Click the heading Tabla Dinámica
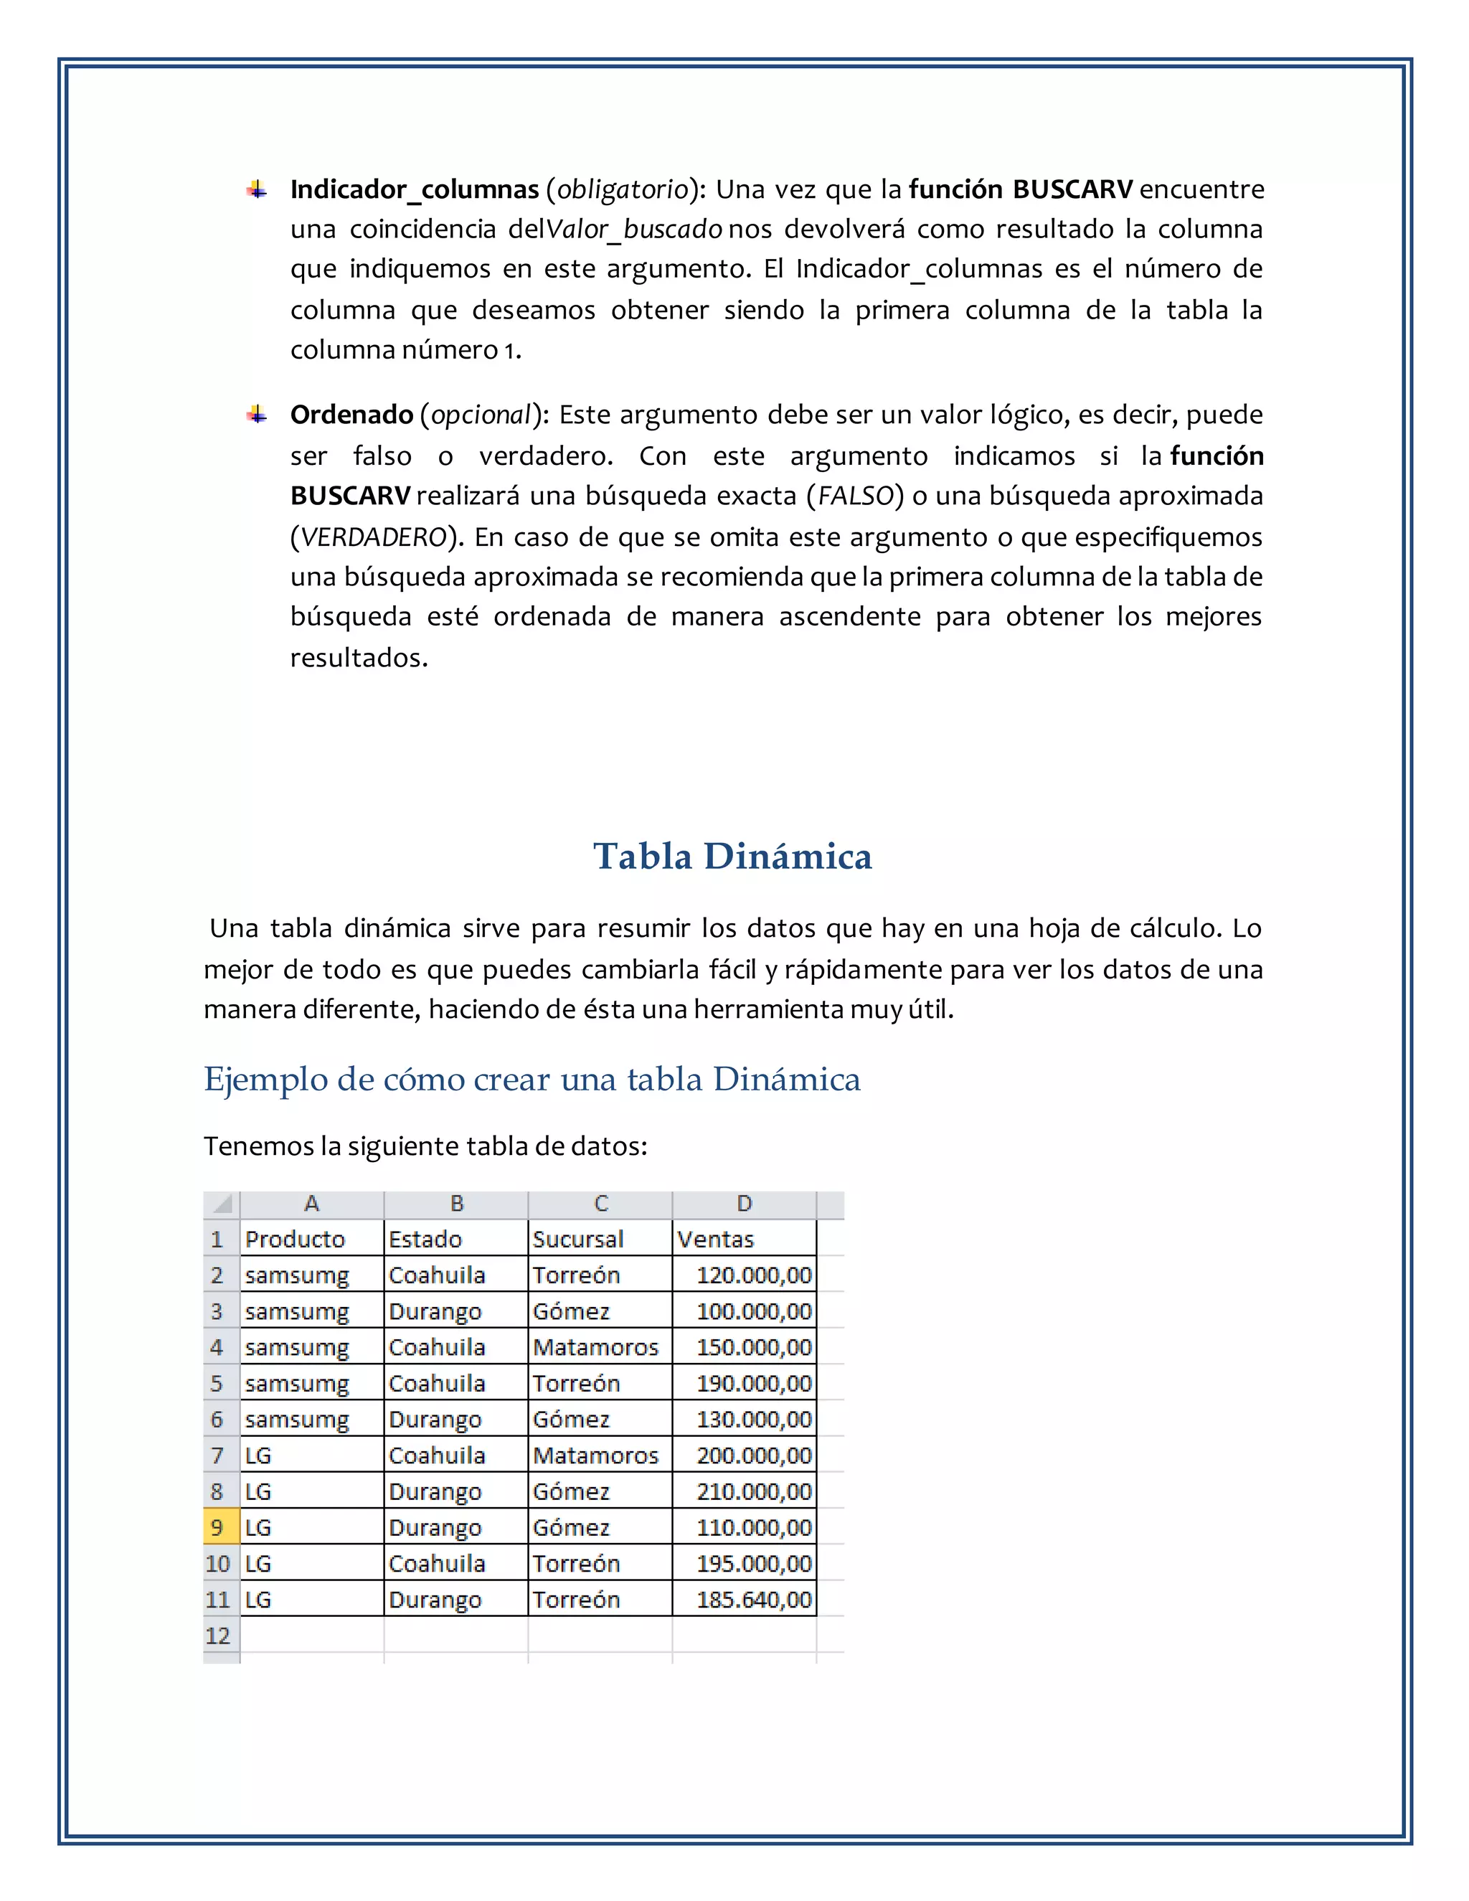pos(733,857)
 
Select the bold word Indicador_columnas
pos(415,189)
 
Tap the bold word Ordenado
pos(351,415)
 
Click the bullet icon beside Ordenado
pos(256,415)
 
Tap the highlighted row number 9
pos(217,1527)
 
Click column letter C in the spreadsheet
pos(600,1204)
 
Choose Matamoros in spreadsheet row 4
pos(595,1347)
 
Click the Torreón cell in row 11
pos(576,1600)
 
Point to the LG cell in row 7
pos(258,1456)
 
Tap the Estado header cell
pos(425,1239)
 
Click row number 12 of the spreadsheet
pos(217,1636)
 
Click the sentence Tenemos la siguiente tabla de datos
pos(425,1146)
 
